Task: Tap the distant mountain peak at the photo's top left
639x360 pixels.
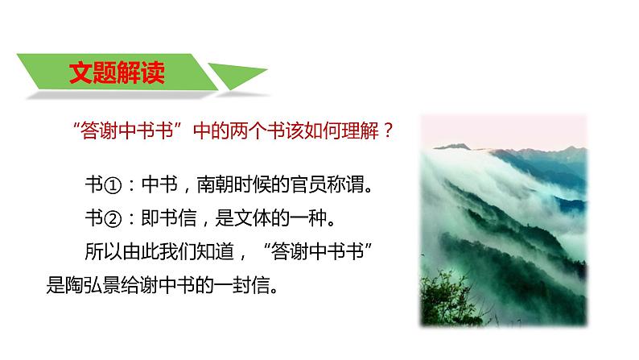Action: click(x=456, y=147)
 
